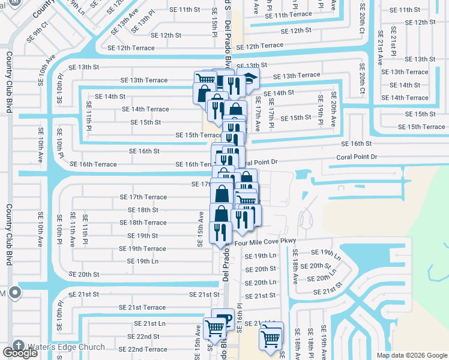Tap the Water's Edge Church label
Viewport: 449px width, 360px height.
point(66,347)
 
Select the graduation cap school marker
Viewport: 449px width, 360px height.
point(247,79)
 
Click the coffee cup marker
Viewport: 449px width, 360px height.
point(223,318)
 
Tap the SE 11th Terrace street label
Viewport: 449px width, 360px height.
point(283,14)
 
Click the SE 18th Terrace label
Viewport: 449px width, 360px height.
point(139,223)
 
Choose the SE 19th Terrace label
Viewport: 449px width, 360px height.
point(142,248)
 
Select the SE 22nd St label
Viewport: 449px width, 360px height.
point(139,337)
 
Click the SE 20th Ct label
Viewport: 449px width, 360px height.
point(362,79)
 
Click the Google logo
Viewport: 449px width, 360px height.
point(20,353)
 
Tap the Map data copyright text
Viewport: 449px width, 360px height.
point(412,355)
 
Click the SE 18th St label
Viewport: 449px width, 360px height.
point(143,210)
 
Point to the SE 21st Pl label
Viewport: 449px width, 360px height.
point(393,42)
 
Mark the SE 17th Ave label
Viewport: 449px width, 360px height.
point(258,114)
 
